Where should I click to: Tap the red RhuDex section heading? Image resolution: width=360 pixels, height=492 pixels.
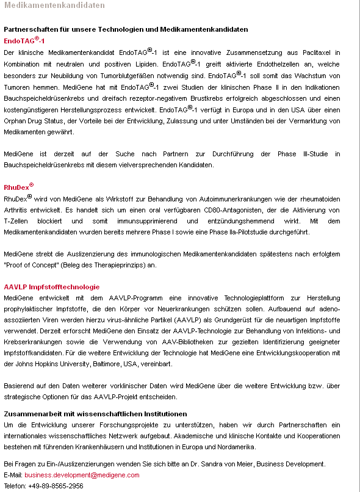[18, 187]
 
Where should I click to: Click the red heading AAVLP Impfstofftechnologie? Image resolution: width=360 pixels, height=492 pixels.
[51, 287]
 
